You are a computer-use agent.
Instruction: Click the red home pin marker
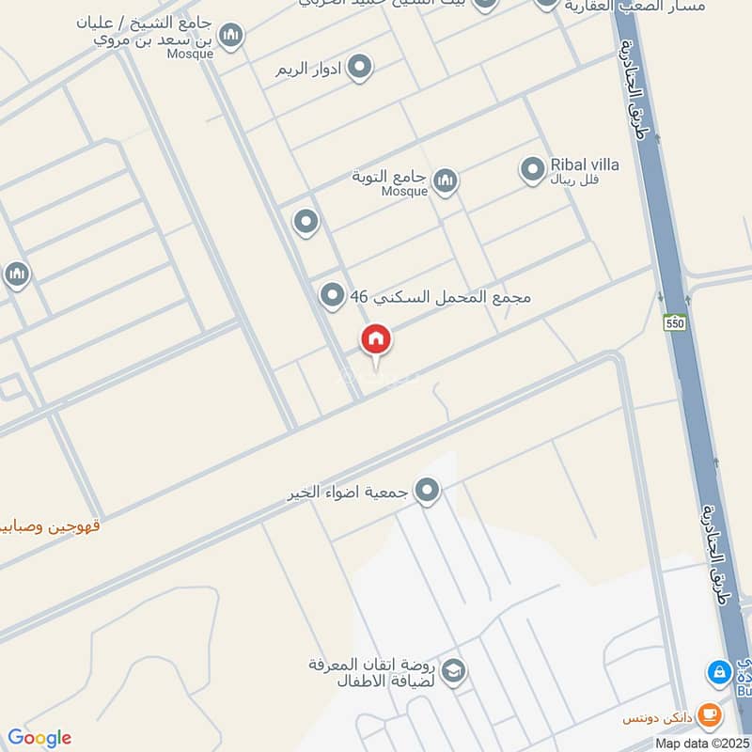pyautogui.click(x=377, y=341)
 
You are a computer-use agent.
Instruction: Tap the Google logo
pyautogui.click(x=39, y=738)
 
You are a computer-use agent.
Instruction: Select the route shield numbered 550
pyautogui.click(x=673, y=322)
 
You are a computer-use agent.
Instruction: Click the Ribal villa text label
pyautogui.click(x=584, y=164)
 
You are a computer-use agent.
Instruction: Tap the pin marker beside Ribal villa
pyautogui.click(x=533, y=170)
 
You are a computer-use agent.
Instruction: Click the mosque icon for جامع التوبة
pyautogui.click(x=445, y=180)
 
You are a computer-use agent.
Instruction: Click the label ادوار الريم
pyautogui.click(x=306, y=70)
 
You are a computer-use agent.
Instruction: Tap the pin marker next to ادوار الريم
pyautogui.click(x=358, y=68)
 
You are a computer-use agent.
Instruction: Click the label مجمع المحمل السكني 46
pyautogui.click(x=441, y=297)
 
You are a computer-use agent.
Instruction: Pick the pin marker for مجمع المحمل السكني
pyautogui.click(x=331, y=297)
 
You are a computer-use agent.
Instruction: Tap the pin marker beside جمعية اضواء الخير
pyautogui.click(x=428, y=491)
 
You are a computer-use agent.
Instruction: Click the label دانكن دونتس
pyautogui.click(x=658, y=718)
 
